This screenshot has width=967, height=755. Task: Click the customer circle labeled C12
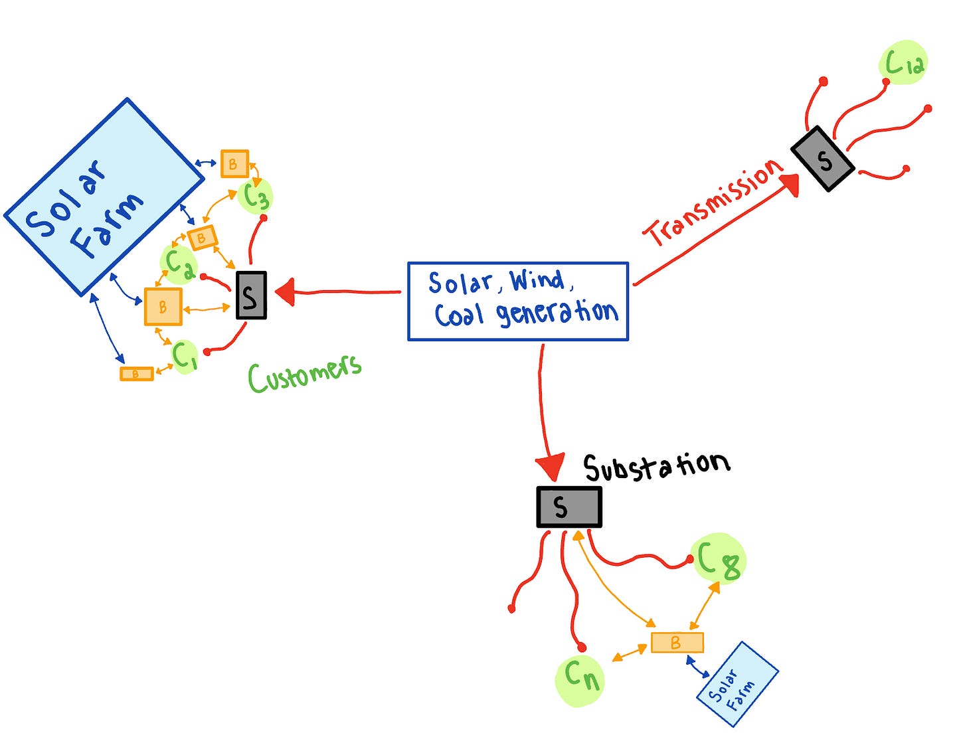[903, 64]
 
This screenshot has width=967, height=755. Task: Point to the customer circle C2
[178, 264]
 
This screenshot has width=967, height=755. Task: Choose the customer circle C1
[185, 357]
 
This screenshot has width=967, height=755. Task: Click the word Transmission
[714, 202]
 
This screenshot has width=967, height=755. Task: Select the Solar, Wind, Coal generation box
[518, 301]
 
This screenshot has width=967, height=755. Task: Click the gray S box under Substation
[569, 507]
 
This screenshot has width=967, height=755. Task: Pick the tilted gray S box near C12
[823, 159]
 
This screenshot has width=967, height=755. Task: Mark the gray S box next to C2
[251, 295]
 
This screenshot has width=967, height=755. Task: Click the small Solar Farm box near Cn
[737, 684]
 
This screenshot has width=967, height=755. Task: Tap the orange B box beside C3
[234, 164]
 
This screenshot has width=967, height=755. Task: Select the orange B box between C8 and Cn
[677, 643]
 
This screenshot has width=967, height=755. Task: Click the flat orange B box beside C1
[136, 374]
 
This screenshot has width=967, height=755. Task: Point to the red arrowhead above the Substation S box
[551, 466]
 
